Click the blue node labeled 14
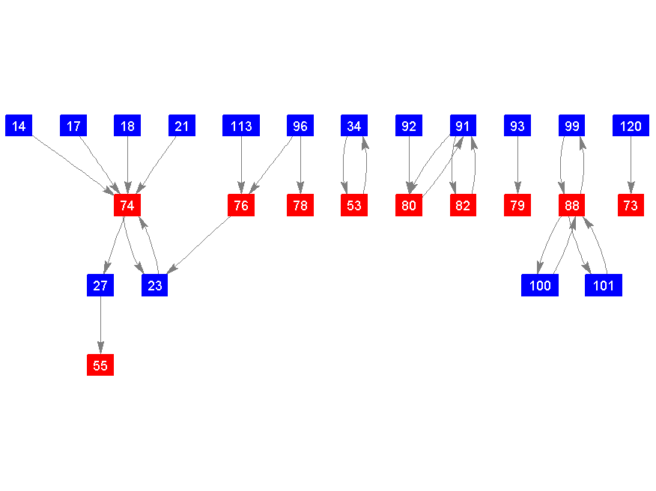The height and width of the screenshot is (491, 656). point(19,126)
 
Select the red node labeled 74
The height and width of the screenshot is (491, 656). point(127,205)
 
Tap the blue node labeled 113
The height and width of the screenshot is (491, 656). point(241,126)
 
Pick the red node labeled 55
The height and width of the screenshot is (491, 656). point(100,365)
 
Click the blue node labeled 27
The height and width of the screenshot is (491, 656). point(100,285)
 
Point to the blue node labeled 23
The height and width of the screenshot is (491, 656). point(155,285)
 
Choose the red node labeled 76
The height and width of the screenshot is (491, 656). point(241,205)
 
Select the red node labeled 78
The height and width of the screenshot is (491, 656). point(300,205)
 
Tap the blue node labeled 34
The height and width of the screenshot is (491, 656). point(354,126)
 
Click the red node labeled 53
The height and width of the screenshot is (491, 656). point(354,205)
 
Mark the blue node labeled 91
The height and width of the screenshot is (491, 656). point(463,126)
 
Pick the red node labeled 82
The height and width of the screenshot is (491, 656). point(463,205)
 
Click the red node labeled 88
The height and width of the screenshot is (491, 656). point(571,205)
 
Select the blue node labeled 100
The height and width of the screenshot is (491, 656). point(540,285)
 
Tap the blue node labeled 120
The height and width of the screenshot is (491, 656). point(631,126)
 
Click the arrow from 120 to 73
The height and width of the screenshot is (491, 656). point(631,165)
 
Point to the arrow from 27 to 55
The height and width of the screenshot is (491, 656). point(100,325)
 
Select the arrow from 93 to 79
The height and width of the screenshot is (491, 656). point(517,165)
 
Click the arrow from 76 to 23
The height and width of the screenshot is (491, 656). point(198,245)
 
